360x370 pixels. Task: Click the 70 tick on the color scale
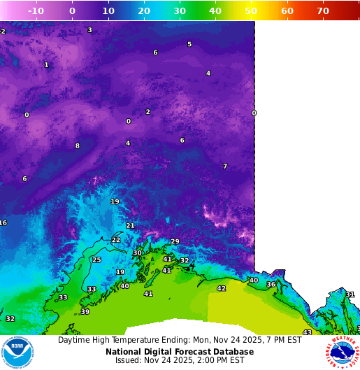click(x=323, y=11)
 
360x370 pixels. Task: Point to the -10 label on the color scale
click(x=36, y=11)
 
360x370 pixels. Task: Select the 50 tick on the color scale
click(x=251, y=11)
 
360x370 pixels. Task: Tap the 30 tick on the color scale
click(x=180, y=11)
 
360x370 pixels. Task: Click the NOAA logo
click(x=17, y=353)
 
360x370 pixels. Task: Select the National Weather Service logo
click(x=342, y=353)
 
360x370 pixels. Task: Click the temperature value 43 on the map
click(x=307, y=332)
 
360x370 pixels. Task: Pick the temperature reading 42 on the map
click(x=222, y=288)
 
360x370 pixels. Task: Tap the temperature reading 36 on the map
click(x=271, y=284)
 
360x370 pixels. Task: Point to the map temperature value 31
click(x=350, y=294)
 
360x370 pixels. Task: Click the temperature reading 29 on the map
click(x=175, y=241)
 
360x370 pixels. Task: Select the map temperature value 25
click(x=96, y=259)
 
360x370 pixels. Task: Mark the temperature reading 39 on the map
click(x=85, y=311)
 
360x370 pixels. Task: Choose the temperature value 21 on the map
click(x=130, y=225)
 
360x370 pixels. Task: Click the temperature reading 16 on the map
click(x=3, y=222)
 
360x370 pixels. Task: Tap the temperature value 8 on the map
click(x=78, y=145)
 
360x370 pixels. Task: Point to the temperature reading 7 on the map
click(x=225, y=166)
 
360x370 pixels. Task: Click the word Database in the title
click(x=233, y=352)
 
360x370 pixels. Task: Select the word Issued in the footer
click(x=129, y=361)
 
